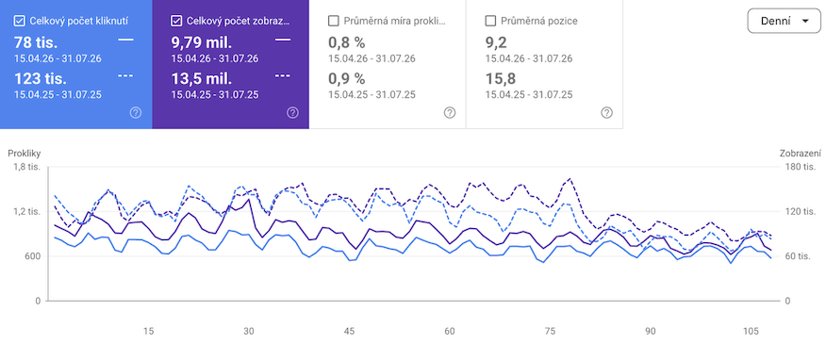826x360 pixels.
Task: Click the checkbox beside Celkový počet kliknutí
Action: click(20, 21)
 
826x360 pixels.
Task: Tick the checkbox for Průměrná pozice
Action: click(491, 21)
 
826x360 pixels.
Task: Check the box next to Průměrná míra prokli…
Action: click(334, 21)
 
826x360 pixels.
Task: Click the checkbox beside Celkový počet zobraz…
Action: click(176, 21)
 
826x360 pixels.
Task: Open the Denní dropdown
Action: click(784, 21)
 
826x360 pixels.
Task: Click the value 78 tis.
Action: click(36, 42)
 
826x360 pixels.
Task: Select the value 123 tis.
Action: click(41, 79)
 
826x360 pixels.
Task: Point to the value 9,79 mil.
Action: click(201, 42)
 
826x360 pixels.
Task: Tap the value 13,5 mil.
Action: click(201, 79)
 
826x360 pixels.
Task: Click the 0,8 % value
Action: click(347, 42)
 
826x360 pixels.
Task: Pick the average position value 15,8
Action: click(501, 79)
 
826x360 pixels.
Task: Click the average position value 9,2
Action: click(496, 42)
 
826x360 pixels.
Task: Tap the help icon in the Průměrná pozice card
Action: click(607, 113)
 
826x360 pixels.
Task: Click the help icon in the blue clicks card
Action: click(136, 113)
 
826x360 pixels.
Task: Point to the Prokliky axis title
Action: click(24, 154)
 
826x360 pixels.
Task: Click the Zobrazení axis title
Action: click(801, 154)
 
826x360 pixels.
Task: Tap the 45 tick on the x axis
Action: click(349, 332)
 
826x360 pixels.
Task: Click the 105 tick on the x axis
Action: click(751, 332)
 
